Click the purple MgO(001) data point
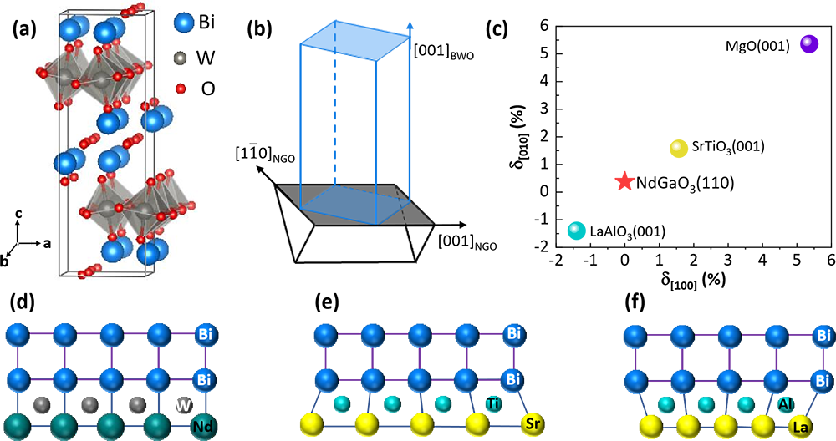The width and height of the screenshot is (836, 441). click(x=808, y=44)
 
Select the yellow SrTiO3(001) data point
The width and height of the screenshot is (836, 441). click(x=679, y=148)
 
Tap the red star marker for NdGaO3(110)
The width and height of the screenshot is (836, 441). click(x=624, y=181)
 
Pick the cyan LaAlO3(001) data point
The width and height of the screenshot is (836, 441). click(x=576, y=230)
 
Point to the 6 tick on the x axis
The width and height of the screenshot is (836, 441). click(x=829, y=261)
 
